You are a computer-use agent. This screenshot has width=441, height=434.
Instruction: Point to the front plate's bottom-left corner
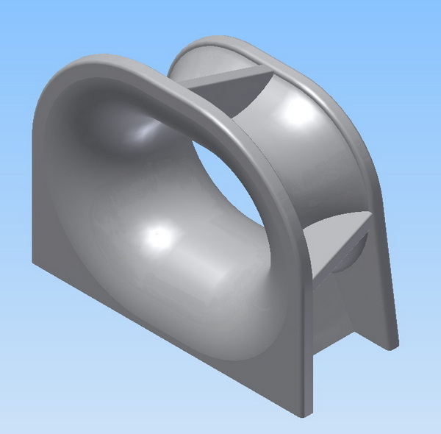click(32, 263)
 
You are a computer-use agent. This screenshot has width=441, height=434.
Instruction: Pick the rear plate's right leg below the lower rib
click(371, 309)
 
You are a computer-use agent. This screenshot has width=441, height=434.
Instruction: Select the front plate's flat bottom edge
click(162, 338)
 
